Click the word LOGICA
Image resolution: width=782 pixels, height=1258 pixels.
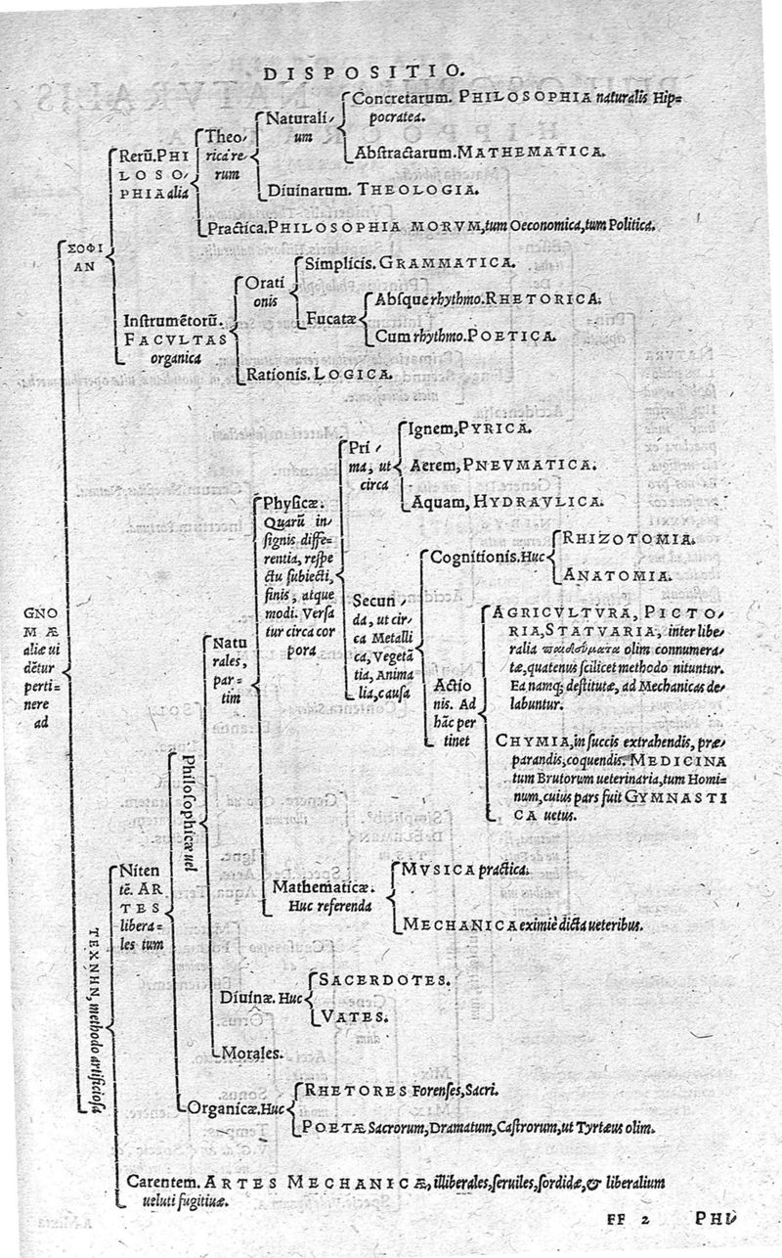[358, 373]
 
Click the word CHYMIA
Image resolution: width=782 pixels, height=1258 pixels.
[528, 740]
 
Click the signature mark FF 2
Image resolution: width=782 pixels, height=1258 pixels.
[628, 1220]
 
